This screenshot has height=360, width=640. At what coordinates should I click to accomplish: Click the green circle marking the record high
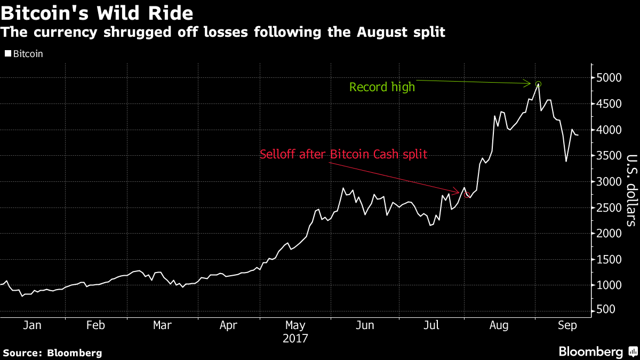click(x=538, y=84)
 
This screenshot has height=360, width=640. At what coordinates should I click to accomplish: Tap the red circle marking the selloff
click(x=468, y=195)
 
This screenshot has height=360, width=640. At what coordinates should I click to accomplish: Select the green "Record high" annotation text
click(x=382, y=87)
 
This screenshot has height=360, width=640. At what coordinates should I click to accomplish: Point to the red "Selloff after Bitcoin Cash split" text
click(x=343, y=155)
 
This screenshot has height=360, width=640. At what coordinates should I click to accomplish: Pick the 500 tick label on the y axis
click(x=605, y=310)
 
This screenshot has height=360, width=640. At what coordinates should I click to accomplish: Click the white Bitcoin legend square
click(x=7, y=54)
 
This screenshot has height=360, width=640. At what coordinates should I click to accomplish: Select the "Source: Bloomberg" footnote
click(x=52, y=353)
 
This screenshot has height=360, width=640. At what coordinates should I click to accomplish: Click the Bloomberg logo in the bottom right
click(x=597, y=351)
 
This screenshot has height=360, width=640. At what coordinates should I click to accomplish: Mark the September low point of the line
click(x=566, y=162)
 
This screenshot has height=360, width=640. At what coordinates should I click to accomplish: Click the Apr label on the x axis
click(x=228, y=325)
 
